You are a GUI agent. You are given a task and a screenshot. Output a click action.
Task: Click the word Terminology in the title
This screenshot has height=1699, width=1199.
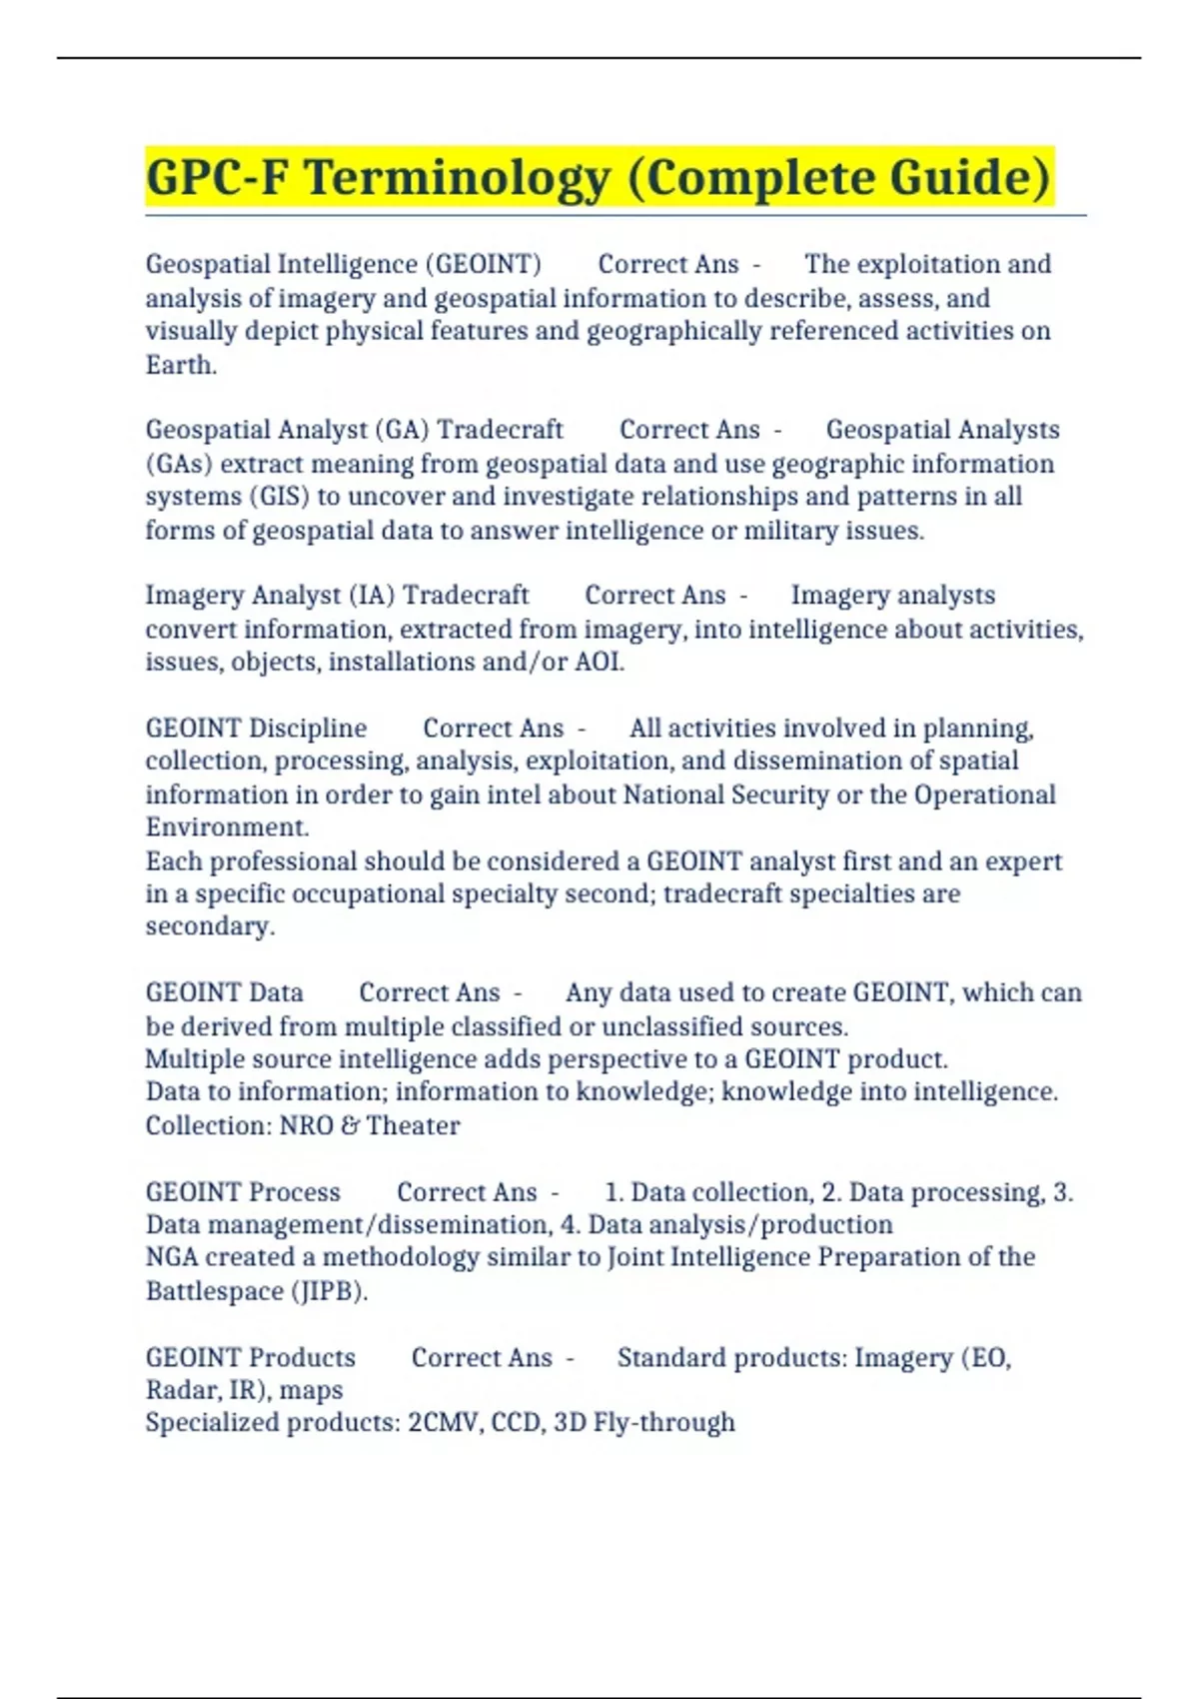[x=458, y=178]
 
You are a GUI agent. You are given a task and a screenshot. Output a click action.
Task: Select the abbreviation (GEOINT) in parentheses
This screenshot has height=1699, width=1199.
[x=484, y=265]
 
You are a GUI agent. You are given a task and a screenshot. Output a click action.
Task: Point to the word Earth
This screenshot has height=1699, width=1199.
[x=181, y=365]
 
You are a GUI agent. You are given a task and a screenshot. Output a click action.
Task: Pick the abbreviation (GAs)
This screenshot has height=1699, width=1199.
[x=180, y=464]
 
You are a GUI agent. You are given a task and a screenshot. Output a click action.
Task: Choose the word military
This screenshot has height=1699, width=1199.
[x=790, y=531]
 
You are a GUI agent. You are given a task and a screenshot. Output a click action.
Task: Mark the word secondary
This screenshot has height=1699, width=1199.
[x=209, y=926]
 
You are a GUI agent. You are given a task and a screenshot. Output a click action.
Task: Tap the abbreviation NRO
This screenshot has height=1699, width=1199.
[x=306, y=1125]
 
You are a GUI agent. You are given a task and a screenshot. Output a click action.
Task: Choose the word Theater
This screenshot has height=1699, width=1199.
[x=413, y=1125]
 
